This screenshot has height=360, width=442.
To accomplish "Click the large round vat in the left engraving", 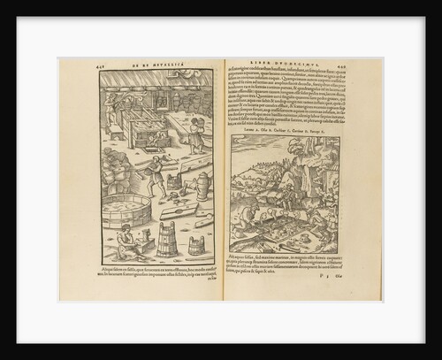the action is tap(127, 211).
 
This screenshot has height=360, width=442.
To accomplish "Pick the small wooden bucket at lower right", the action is tap(196, 245).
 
